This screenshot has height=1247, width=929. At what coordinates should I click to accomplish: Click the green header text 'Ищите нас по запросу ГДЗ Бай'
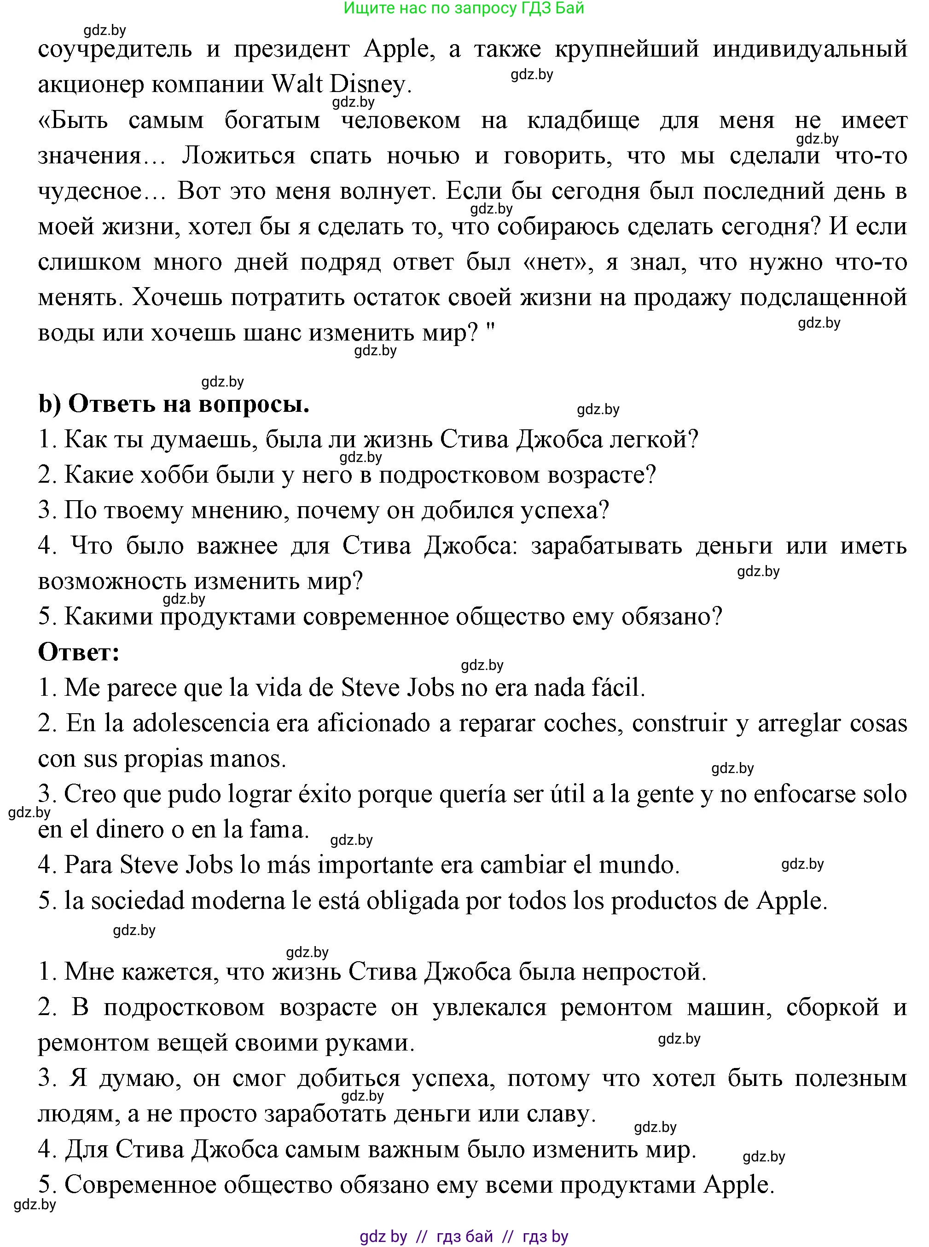tap(464, 8)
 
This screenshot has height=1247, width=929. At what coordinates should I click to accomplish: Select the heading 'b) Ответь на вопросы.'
tap(174, 404)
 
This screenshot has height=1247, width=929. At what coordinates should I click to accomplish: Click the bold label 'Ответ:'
tap(79, 652)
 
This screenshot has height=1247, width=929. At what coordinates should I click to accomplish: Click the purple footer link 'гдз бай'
tap(464, 1236)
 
